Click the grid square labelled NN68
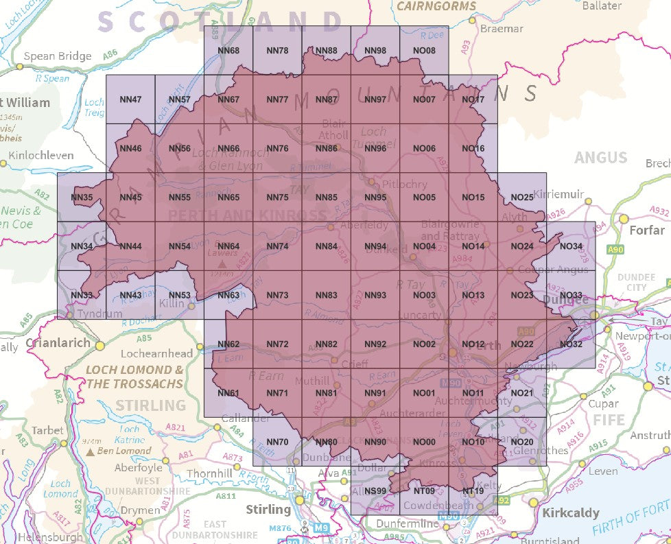(x=228, y=51)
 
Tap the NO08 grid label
(x=424, y=51)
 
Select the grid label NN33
(x=82, y=296)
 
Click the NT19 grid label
(x=473, y=490)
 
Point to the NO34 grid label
(x=571, y=246)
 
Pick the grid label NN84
(x=326, y=246)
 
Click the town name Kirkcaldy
(x=571, y=512)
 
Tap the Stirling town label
(x=268, y=509)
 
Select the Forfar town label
(x=647, y=230)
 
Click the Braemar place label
(x=502, y=29)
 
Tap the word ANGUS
(x=601, y=158)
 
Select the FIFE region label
(x=609, y=419)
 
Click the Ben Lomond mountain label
(x=124, y=451)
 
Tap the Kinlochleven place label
(x=42, y=156)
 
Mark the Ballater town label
(x=601, y=5)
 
